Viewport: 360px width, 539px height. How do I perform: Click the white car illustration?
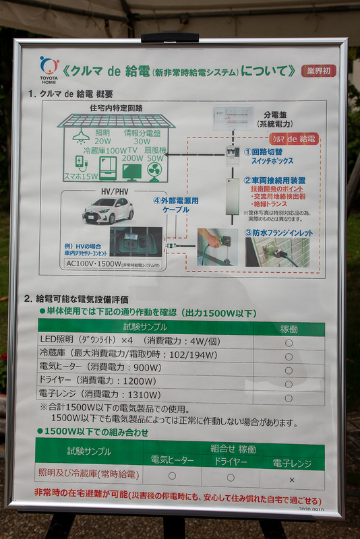(x=108, y=210)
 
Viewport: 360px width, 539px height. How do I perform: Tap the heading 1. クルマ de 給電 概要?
(x=70, y=94)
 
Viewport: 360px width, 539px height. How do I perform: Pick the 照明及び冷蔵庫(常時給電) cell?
(x=89, y=475)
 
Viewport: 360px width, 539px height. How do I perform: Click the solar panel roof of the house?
(x=116, y=121)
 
